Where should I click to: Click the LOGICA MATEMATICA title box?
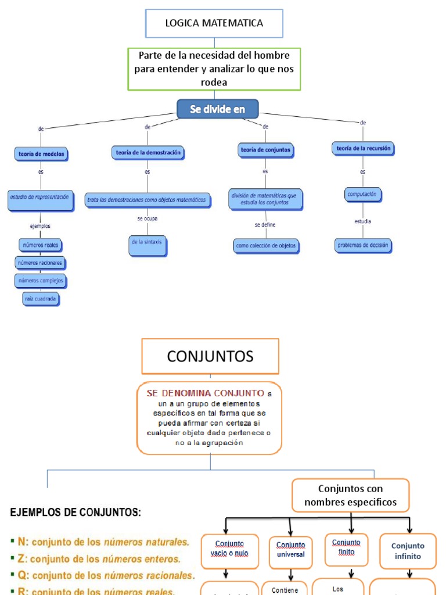[x=214, y=24]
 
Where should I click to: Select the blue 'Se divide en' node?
[x=217, y=109]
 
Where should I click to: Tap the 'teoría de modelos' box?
[x=40, y=154]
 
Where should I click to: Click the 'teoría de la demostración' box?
[x=148, y=152]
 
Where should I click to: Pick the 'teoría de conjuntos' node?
[x=265, y=150]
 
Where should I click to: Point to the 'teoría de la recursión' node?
[x=364, y=149]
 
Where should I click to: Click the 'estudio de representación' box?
[x=40, y=198]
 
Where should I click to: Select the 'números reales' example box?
[x=40, y=245]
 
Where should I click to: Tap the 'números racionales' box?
[x=40, y=263]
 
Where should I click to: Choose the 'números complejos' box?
[x=41, y=281]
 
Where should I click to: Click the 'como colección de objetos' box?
[x=266, y=246]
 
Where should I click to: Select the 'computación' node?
[x=362, y=195]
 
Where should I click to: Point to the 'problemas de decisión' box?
[x=364, y=245]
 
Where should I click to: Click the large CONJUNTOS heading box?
[x=210, y=356]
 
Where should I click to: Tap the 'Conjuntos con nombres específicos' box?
[x=351, y=495]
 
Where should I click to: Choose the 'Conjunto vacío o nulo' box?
[x=229, y=549]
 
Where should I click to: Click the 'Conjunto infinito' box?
[x=408, y=550]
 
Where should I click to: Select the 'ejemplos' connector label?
[x=40, y=225]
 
